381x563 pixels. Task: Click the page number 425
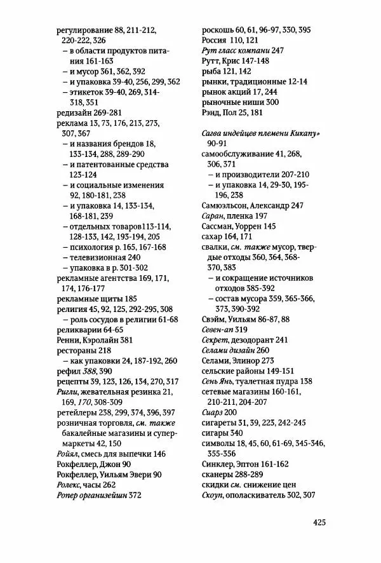point(319,522)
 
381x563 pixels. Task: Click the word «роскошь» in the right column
point(216,30)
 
